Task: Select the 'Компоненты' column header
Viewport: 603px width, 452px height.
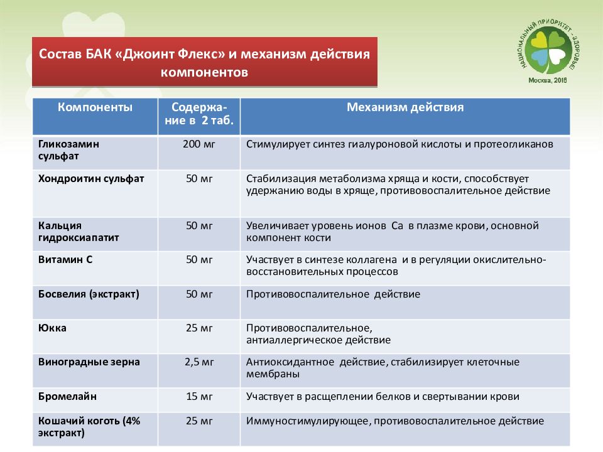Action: (95, 107)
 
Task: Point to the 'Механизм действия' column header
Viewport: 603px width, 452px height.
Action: (405, 107)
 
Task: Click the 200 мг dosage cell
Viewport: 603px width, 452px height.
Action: (199, 144)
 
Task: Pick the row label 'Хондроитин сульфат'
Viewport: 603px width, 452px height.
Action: (91, 178)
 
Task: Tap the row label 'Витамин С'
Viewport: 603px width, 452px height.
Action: (65, 259)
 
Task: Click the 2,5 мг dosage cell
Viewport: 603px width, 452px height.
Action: (199, 362)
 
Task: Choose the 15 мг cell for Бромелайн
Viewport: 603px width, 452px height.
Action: (199, 397)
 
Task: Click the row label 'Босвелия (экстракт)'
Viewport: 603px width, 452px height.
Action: (89, 293)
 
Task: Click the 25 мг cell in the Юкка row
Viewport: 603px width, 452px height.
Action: (199, 328)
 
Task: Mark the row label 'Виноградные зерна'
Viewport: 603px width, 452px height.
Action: (89, 362)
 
